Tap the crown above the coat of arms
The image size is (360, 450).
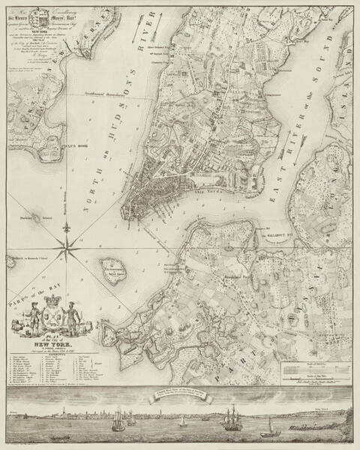tap(51, 295)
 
